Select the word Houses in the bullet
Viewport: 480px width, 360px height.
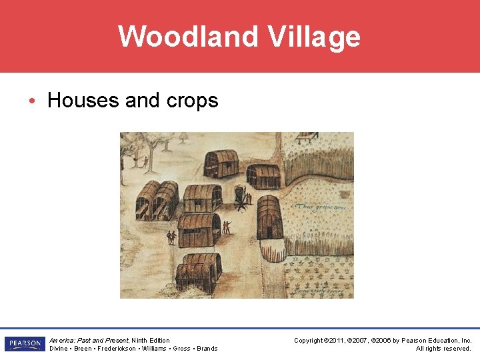[84, 101]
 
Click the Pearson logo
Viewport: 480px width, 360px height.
[25, 344]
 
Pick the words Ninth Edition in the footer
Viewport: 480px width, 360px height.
[151, 341]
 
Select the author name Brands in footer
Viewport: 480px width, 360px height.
[207, 349]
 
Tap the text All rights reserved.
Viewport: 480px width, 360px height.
[443, 349]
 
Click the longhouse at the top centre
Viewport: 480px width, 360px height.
[221, 163]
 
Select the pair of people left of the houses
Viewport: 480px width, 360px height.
[171, 237]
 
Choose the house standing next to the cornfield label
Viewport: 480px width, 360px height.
[270, 217]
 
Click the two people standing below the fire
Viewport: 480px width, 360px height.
[227, 227]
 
